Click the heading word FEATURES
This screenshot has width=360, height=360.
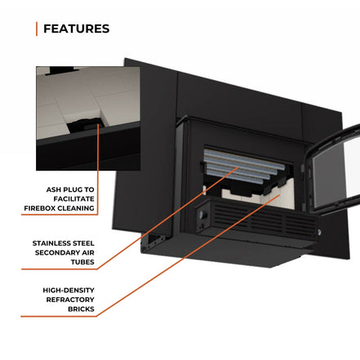click(x=77, y=29)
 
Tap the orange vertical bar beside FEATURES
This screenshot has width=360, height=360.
click(x=37, y=29)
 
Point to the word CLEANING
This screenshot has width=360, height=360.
click(x=78, y=208)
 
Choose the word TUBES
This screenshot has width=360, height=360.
click(x=82, y=262)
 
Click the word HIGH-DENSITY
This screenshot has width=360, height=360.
click(x=69, y=290)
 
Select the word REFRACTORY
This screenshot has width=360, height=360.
click(x=70, y=300)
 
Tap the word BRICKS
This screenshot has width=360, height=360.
click(x=81, y=309)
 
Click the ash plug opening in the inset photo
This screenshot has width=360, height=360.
click(x=85, y=126)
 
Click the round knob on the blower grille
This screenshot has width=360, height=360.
click(x=202, y=216)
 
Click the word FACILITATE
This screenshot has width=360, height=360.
click(x=73, y=199)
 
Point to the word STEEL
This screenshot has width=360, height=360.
click(x=82, y=243)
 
